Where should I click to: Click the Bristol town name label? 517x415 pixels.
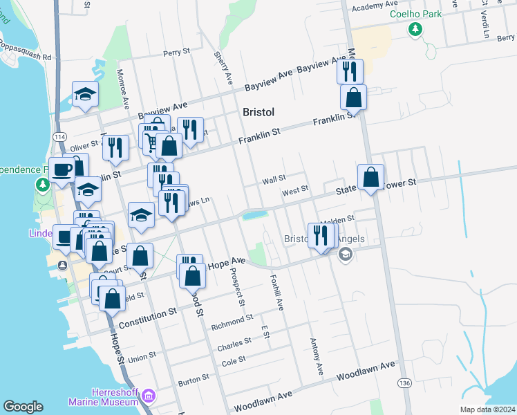(x=259, y=112)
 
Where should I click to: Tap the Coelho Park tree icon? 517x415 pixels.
(x=415, y=29)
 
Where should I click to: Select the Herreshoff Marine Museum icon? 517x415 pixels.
(x=148, y=396)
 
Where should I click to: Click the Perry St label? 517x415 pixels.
(x=176, y=53)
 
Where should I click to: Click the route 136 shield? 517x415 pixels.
(x=403, y=382)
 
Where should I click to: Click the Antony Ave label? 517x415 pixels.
(x=317, y=353)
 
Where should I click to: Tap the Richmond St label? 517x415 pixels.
(x=232, y=322)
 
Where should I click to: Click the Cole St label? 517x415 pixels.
(x=234, y=360)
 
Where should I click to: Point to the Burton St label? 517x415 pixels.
(x=193, y=379)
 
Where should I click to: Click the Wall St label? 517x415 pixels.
(x=274, y=181)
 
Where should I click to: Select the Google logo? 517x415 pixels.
(x=23, y=407)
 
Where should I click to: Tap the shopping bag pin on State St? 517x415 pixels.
(x=371, y=178)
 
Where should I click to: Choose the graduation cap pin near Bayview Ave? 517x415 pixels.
(x=86, y=94)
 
